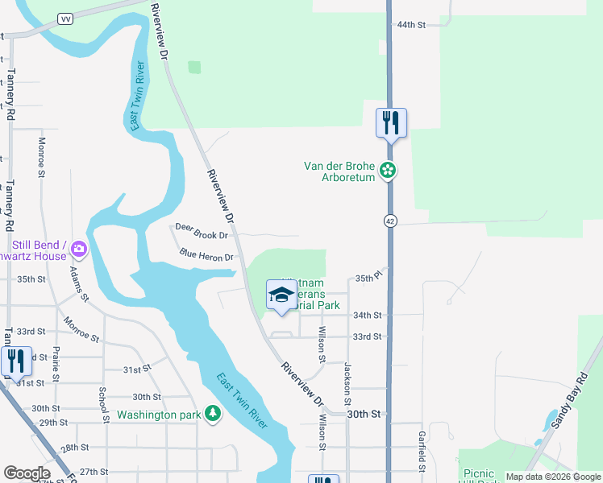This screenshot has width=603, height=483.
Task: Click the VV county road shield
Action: tap(64, 19)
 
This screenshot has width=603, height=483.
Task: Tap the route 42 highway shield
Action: tap(389, 221)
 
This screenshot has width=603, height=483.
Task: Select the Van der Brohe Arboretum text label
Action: tap(339, 171)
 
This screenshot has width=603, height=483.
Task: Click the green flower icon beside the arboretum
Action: tap(389, 170)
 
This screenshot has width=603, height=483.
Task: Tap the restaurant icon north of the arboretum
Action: tap(391, 123)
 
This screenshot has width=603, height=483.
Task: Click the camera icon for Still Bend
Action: tap(79, 249)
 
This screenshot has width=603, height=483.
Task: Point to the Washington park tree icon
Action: tap(213, 414)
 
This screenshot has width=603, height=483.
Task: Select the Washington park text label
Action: tap(158, 415)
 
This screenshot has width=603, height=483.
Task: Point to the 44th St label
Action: tap(410, 25)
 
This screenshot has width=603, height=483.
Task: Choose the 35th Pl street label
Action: tap(368, 278)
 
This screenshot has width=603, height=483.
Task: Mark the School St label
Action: tap(103, 405)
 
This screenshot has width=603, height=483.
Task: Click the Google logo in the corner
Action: tap(27, 473)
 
